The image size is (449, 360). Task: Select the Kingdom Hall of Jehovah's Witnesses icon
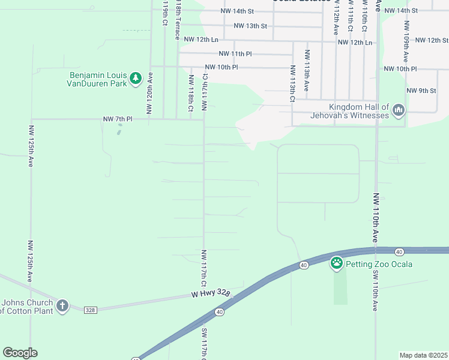tap(399, 110)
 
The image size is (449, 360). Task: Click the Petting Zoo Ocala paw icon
tap(337, 263)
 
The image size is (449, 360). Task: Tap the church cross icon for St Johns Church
tap(62, 306)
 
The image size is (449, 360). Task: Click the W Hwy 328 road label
tap(211, 293)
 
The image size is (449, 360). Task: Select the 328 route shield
tap(90, 310)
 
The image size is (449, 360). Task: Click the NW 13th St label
tap(250, 26)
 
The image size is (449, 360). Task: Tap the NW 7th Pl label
tap(117, 119)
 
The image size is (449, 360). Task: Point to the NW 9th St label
tap(421, 91)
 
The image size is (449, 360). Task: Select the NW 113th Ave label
tap(307, 70)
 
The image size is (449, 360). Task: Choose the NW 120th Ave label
tap(149, 93)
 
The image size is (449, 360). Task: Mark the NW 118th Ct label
tap(191, 93)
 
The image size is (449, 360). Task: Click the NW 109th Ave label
tap(406, 41)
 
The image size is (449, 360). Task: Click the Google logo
tap(20, 353)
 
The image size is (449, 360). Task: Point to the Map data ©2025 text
tap(423, 355)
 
